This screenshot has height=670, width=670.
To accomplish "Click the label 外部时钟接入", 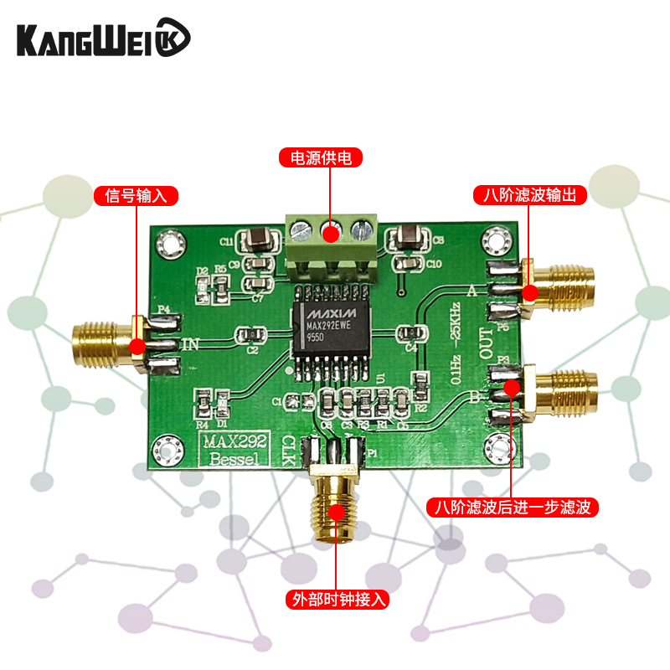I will (x=338, y=600).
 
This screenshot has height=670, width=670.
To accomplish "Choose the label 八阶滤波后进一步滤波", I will (x=512, y=508).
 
